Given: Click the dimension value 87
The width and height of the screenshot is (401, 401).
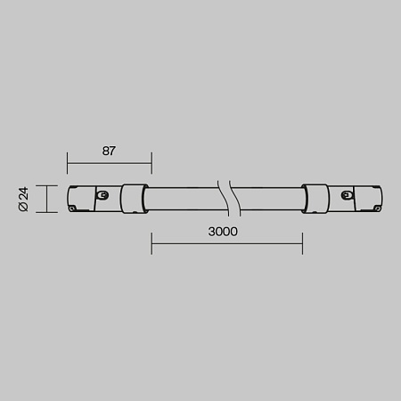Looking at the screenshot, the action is click(109, 151).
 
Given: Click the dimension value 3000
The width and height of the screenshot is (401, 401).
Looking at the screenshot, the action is click(223, 232).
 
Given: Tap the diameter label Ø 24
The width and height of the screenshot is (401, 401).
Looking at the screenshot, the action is click(23, 199).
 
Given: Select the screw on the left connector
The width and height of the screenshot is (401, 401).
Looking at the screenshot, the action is click(102, 195).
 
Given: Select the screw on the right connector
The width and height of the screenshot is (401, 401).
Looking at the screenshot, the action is click(346, 195).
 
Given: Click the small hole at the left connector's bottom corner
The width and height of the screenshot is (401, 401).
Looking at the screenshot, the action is click(71, 209).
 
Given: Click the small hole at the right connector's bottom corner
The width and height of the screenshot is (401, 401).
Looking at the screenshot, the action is click(378, 209).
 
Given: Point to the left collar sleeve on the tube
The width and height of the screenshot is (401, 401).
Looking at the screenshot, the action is click(134, 199).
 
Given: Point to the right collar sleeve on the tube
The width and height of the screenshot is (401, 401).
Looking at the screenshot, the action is click(315, 199).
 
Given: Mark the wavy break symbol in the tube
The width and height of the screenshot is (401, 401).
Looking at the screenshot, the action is click(229, 198).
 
